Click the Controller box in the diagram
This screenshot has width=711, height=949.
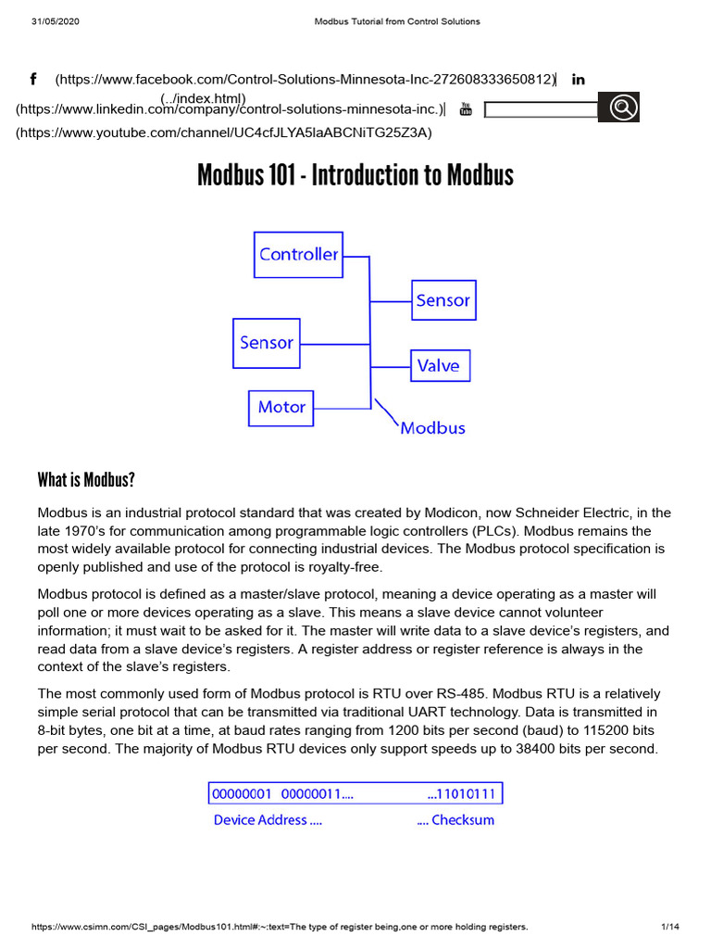tap(297, 254)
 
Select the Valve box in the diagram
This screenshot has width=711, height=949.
tap(440, 365)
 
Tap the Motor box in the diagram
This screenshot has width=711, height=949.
tap(281, 407)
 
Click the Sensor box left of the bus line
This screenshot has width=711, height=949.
tap(267, 342)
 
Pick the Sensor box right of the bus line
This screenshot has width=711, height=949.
tap(443, 300)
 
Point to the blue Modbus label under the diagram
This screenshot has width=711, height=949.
tap(432, 428)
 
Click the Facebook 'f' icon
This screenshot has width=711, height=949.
tap(33, 80)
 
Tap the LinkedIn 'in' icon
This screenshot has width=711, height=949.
tap(579, 80)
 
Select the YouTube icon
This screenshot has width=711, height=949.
tap(466, 110)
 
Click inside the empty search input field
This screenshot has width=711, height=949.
tap(542, 110)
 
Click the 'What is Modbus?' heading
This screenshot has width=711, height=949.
tap(86, 480)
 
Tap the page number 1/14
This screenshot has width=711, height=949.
tap(670, 927)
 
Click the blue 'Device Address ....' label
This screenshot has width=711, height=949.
tap(268, 819)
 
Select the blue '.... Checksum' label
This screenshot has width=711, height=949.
tap(455, 819)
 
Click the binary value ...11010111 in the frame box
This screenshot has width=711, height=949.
tap(462, 794)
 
